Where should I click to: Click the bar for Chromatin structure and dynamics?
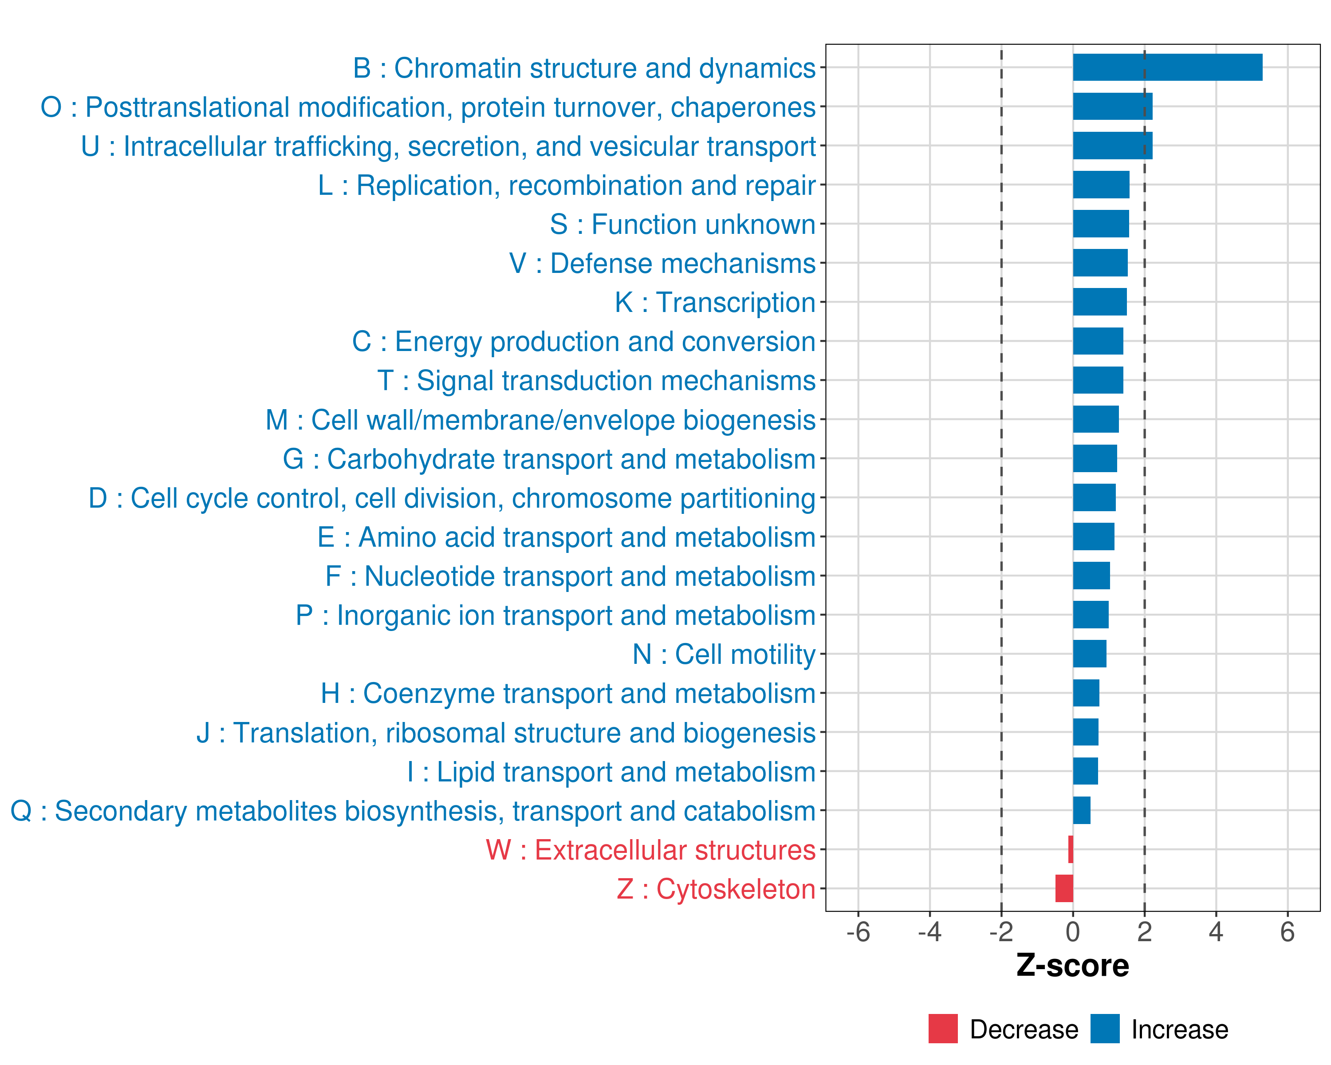pyautogui.click(x=1167, y=67)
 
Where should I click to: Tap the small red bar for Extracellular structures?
pyautogui.click(x=1071, y=849)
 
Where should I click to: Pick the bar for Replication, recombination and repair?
pyautogui.click(x=1101, y=185)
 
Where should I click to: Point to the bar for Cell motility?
pyautogui.click(x=1089, y=654)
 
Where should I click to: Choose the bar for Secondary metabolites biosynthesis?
pyautogui.click(x=1082, y=810)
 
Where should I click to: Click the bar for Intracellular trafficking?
pyautogui.click(x=1112, y=146)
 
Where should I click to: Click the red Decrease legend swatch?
pyautogui.click(x=943, y=1029)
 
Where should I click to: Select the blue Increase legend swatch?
pyautogui.click(x=1104, y=1029)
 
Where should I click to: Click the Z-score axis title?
pyautogui.click(x=1072, y=966)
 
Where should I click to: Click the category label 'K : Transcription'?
pyautogui.click(x=715, y=303)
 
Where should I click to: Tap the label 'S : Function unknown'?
pyautogui.click(x=682, y=225)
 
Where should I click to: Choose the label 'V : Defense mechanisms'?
pyautogui.click(x=662, y=264)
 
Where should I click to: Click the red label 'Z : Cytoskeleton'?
pyautogui.click(x=716, y=889)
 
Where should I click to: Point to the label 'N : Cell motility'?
pyautogui.click(x=724, y=655)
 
